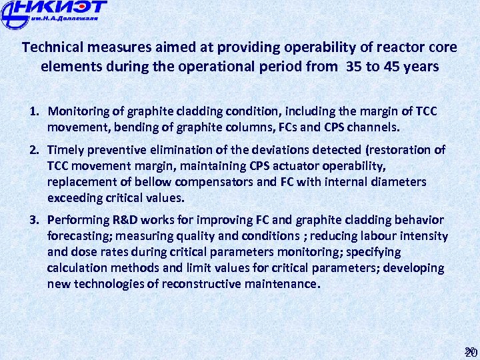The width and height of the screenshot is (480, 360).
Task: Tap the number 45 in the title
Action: (393, 67)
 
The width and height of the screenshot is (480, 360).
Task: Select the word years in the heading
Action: (423, 67)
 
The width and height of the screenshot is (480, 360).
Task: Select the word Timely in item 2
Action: (66, 150)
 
